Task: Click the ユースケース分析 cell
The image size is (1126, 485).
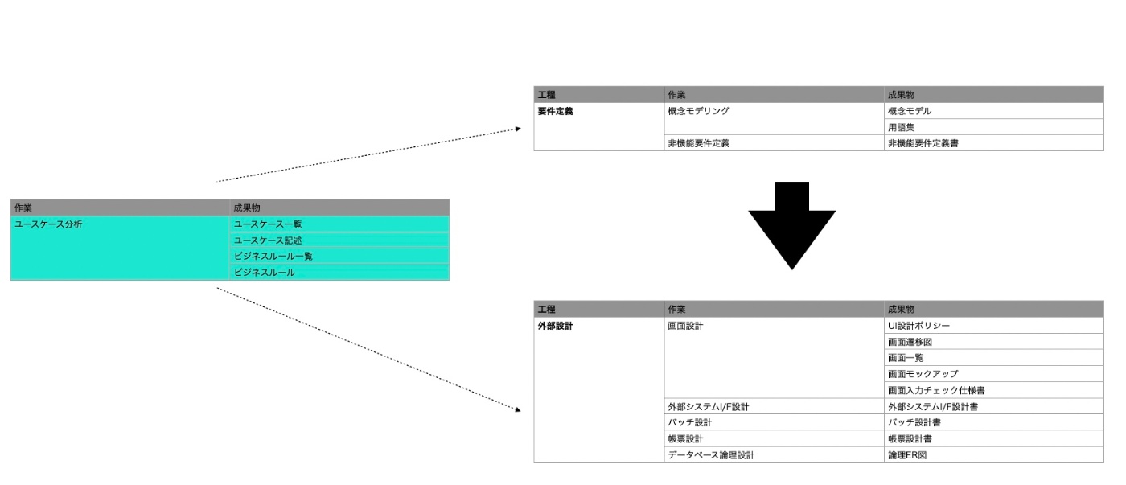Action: (48, 224)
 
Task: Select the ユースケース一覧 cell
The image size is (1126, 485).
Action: (268, 224)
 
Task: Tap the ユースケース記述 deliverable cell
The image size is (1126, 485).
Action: (268, 240)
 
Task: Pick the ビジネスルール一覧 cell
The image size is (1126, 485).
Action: (273, 257)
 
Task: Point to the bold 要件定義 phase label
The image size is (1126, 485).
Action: (556, 112)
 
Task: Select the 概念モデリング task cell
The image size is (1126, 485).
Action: (699, 112)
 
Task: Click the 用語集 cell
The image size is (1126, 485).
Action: (902, 128)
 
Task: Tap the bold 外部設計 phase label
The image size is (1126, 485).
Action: (556, 327)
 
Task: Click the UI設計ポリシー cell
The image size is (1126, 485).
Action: (918, 327)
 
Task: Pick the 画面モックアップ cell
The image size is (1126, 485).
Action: (923, 375)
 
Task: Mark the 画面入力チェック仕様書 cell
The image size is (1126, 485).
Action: (936, 391)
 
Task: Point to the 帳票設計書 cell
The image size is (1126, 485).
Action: (914, 439)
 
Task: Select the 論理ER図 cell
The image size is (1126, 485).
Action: (907, 455)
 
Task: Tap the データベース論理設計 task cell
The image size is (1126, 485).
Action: (711, 455)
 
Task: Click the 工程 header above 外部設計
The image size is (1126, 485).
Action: (547, 310)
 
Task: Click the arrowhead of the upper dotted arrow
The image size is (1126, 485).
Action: (518, 129)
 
